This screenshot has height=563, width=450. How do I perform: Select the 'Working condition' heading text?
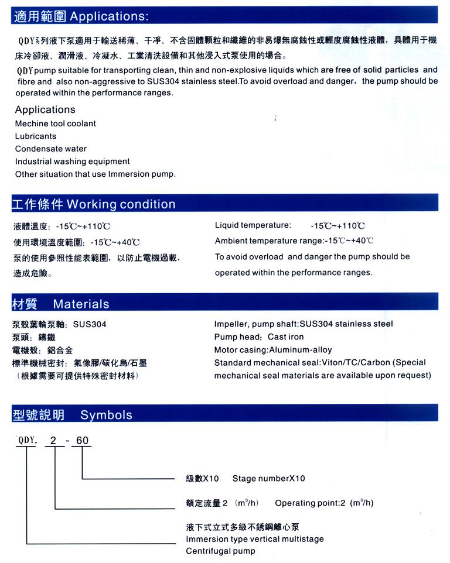121,204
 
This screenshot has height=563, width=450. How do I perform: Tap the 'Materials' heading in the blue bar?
81,304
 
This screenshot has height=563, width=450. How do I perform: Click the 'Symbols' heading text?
106,415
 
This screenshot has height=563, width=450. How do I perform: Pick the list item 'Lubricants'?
36,136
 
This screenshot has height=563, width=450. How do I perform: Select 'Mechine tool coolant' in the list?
56,123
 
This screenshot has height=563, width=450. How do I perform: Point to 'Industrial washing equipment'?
73,162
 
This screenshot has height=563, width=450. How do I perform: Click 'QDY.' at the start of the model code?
28,441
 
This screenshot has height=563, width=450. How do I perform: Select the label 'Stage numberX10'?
268,479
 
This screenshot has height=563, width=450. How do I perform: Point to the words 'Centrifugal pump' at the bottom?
220,551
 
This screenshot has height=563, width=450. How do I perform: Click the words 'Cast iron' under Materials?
286,337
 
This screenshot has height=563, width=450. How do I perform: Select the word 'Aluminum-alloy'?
300,350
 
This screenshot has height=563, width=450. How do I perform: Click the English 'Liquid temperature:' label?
253,225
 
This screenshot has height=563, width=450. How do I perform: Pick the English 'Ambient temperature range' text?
268,241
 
